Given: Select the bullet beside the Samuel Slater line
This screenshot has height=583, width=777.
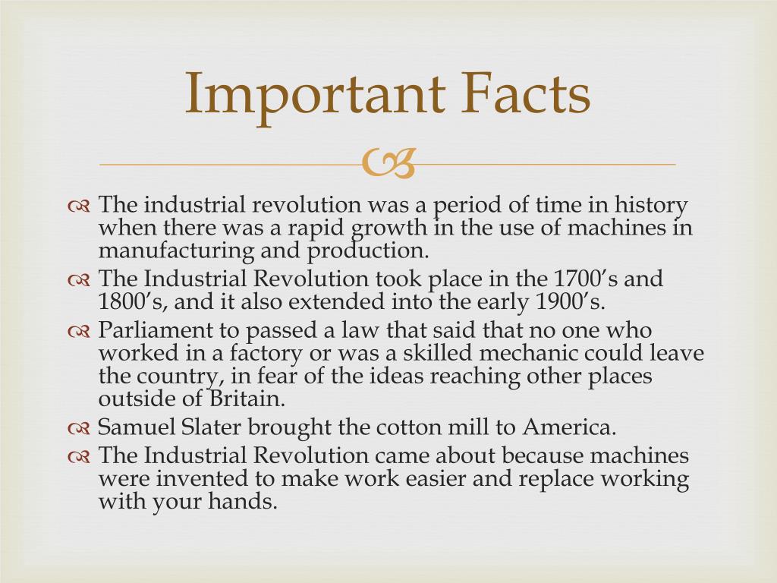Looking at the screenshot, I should [79, 429].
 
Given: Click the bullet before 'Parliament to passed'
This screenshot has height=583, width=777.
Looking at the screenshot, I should [79, 332].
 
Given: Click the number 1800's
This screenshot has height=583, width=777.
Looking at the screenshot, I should [128, 301].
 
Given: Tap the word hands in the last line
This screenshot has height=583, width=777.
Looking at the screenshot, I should [244, 502].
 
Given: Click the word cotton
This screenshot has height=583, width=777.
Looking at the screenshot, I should [407, 427].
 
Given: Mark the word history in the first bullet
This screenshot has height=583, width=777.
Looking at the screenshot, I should [650, 205].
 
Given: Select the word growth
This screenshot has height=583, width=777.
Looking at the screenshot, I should [386, 228].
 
